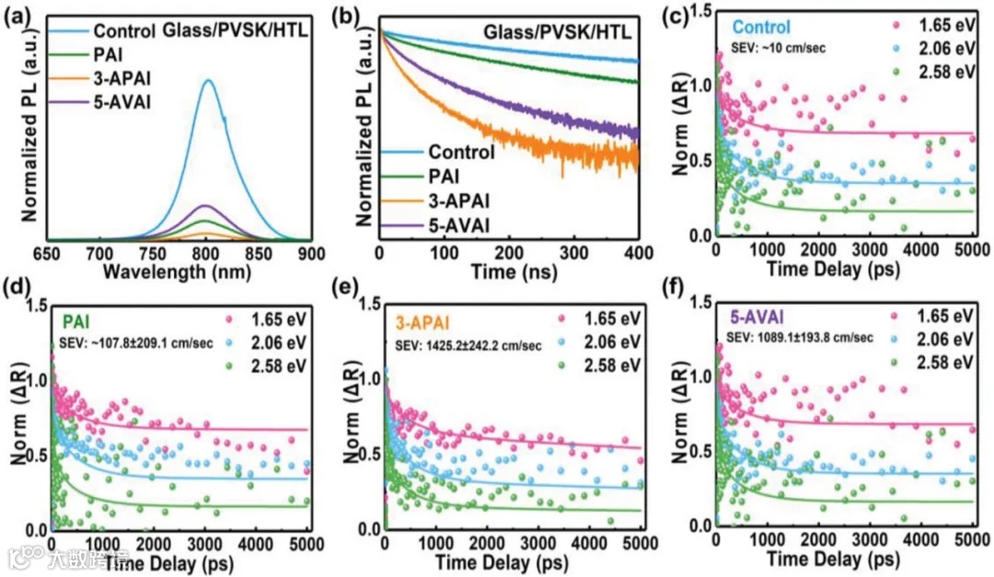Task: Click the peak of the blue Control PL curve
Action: click(x=208, y=81)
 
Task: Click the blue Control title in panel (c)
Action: click(x=761, y=28)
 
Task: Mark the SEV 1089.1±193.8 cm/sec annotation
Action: click(x=798, y=339)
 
